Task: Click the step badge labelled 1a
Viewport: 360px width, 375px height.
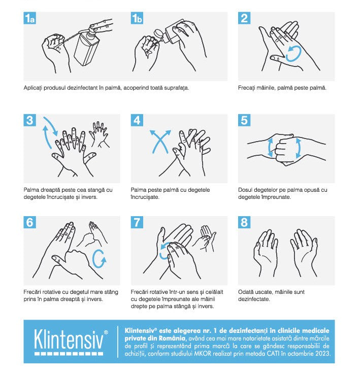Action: coord(29,18)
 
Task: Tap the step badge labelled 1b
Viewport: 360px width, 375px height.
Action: coord(137,18)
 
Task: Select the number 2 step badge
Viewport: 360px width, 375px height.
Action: coord(244,18)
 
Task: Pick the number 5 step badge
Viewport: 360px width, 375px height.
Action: coord(244,120)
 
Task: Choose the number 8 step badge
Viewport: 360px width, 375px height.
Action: coord(244,222)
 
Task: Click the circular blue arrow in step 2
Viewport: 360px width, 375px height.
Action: coord(293,54)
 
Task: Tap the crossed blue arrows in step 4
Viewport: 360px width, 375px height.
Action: coord(160,142)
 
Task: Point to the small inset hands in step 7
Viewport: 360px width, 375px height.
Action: coord(205,238)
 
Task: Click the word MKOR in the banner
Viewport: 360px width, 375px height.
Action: coord(203,354)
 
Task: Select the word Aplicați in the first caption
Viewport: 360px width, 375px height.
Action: coord(33,88)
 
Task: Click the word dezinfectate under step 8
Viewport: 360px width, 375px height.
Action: coord(254,299)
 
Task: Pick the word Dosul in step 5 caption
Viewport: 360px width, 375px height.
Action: coord(245,190)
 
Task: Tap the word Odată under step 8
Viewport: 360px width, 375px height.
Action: coord(246,292)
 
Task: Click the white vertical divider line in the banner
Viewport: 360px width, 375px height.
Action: coord(117,342)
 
